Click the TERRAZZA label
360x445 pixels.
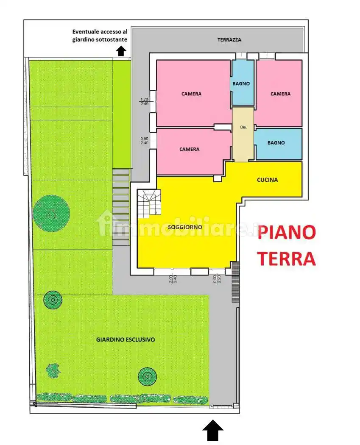[229, 40]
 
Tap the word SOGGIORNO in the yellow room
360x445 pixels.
[184, 227]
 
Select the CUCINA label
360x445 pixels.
[267, 180]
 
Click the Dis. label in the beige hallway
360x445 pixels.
[243, 127]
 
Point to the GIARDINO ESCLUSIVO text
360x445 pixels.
[126, 339]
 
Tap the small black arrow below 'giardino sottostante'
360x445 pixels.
[121, 51]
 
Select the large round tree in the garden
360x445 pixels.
[51, 213]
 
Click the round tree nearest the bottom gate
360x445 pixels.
[147, 375]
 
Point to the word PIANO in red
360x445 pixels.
[287, 233]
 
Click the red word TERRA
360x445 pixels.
[287, 258]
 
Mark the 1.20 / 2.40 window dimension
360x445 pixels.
[144, 101]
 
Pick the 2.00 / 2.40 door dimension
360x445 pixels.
[172, 279]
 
